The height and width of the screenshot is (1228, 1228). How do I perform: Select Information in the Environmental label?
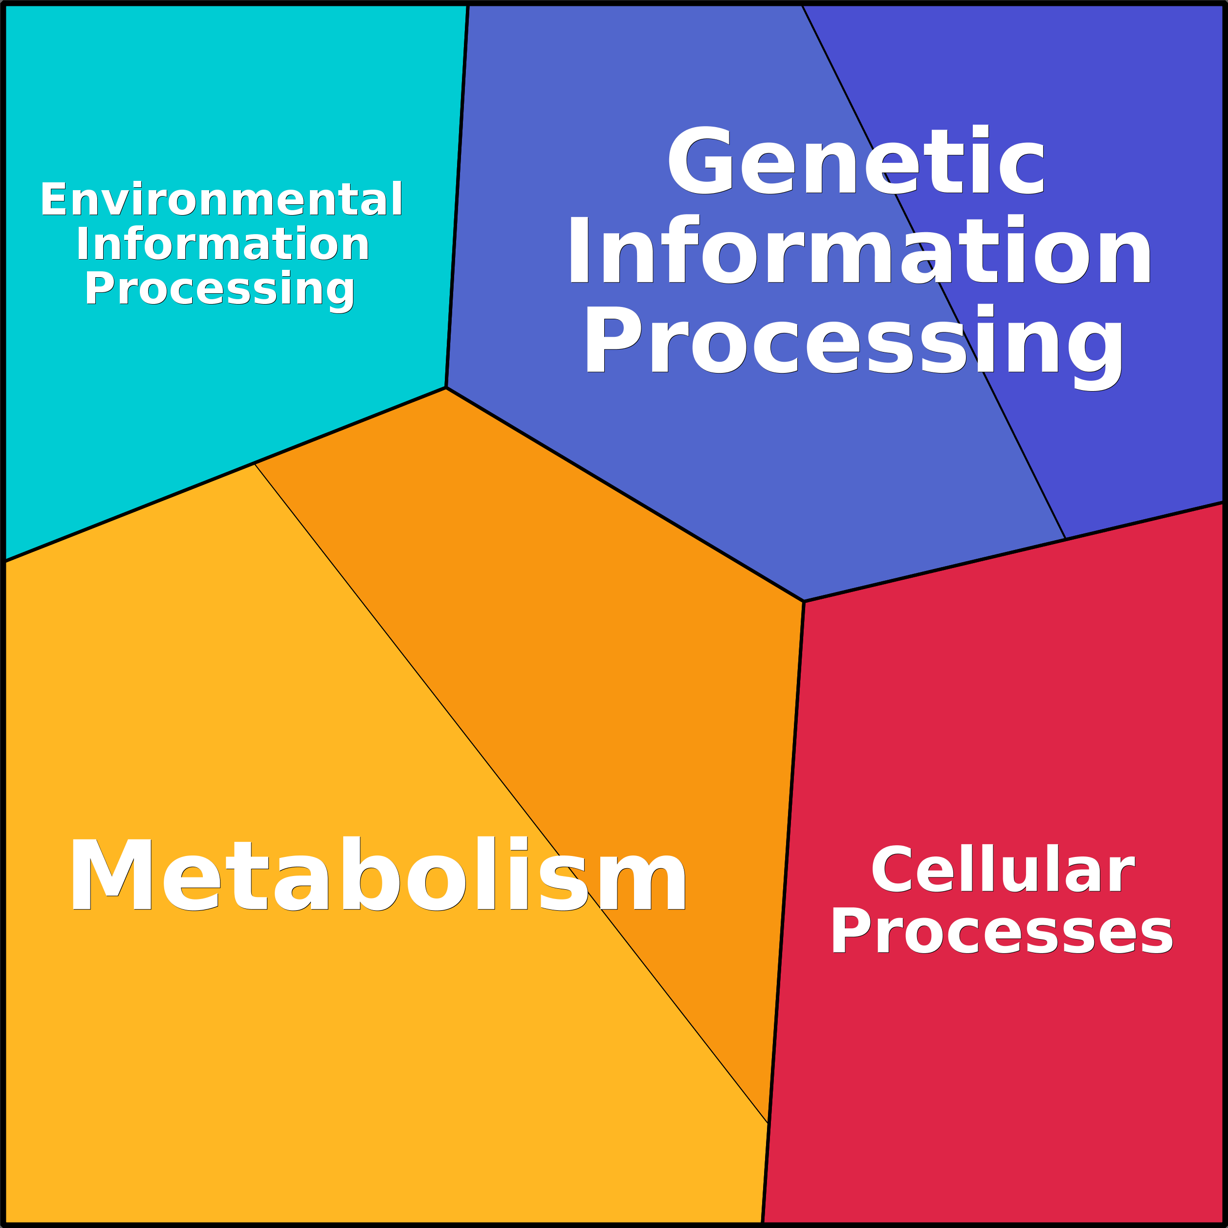coord(222,243)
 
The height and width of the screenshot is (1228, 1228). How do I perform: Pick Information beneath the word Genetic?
coord(859,249)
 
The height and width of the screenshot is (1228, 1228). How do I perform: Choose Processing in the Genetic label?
coord(854,347)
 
